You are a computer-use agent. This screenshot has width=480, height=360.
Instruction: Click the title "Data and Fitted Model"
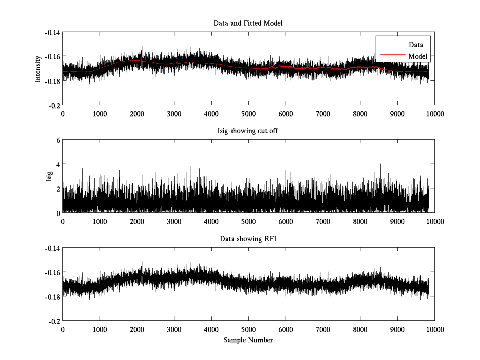[248, 23]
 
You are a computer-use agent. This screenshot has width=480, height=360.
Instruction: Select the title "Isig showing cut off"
[248, 131]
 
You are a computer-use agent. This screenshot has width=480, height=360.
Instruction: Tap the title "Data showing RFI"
[248, 239]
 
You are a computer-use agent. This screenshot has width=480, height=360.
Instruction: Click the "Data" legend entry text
[416, 45]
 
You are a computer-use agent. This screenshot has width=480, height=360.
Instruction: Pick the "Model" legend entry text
[418, 56]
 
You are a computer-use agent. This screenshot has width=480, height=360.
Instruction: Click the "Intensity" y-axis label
[38, 68]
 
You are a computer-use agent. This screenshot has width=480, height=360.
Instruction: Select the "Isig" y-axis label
[49, 176]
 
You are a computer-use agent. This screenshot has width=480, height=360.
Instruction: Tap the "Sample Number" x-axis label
[248, 340]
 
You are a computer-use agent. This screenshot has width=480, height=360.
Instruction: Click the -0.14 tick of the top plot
[52, 32]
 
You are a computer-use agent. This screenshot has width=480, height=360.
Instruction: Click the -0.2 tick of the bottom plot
[54, 321]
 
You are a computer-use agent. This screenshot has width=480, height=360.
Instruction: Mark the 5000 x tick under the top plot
[248, 114]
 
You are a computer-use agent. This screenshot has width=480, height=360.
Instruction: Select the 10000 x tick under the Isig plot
[434, 222]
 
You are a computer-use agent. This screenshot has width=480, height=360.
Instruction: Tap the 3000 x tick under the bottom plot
[174, 330]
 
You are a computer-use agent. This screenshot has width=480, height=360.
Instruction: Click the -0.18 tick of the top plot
[52, 81]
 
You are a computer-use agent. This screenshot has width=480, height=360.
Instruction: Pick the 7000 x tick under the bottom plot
[323, 330]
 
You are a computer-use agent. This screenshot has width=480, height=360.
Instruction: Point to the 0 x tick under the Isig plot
[63, 222]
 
